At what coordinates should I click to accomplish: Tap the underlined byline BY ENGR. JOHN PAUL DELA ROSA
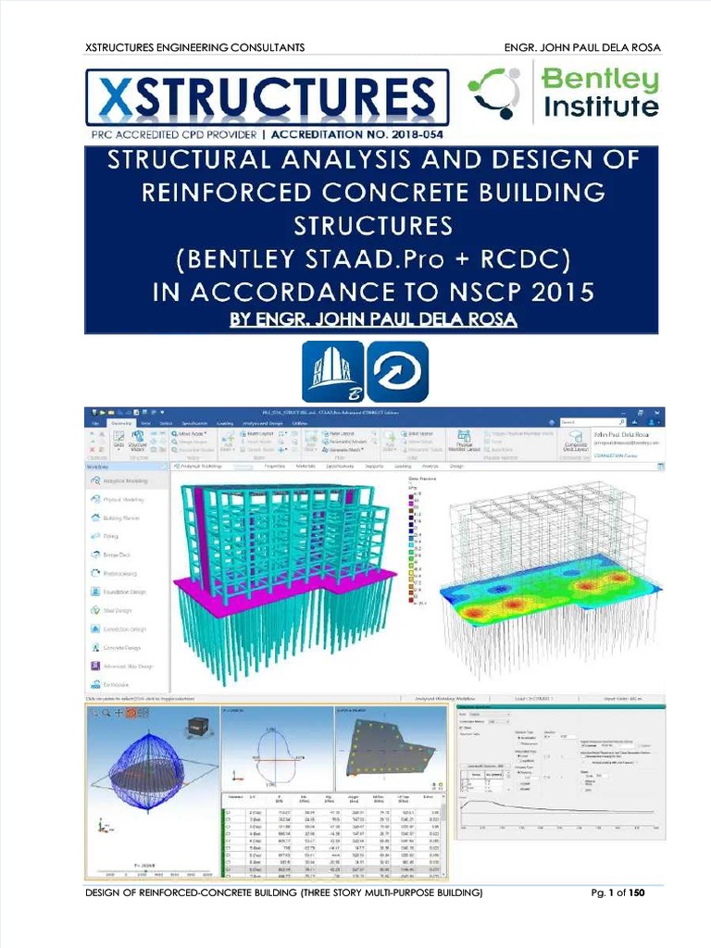tap(370, 319)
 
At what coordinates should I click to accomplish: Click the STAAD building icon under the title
tap(333, 371)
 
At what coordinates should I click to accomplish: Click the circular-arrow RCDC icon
tap(398, 371)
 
